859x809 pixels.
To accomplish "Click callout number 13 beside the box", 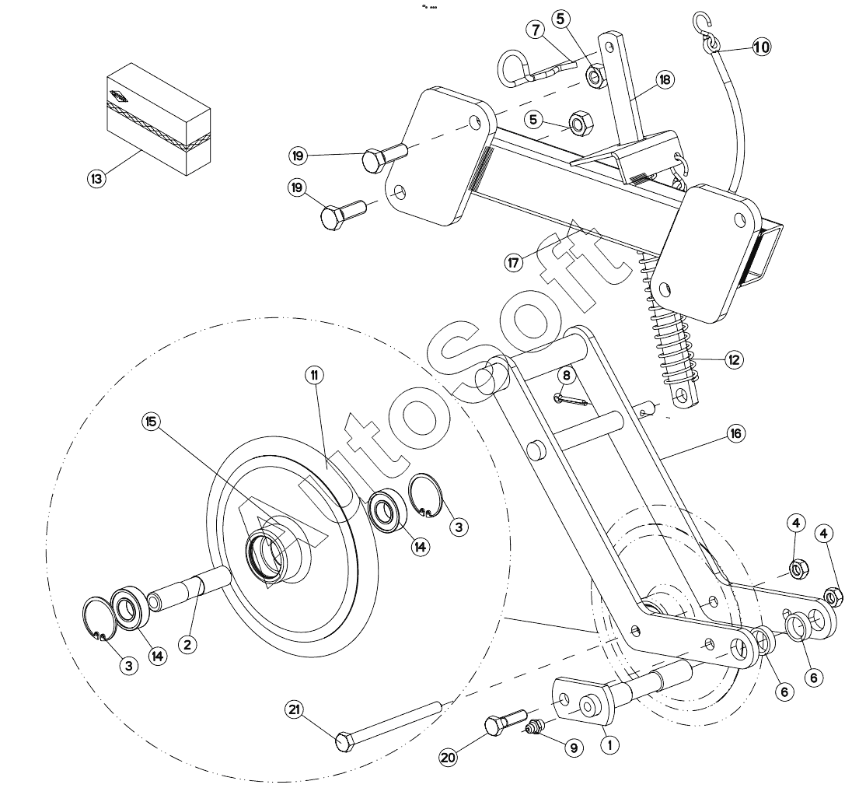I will (96, 178).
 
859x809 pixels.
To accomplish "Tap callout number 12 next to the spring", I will (733, 360).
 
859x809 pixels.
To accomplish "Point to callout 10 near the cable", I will (761, 47).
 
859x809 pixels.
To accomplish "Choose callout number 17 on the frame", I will (513, 262).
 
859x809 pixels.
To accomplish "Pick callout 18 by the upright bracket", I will (665, 79).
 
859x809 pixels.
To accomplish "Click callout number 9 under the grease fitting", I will (574, 748).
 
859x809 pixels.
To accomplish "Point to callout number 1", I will (610, 743).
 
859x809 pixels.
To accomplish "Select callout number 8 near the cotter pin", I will (567, 375).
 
